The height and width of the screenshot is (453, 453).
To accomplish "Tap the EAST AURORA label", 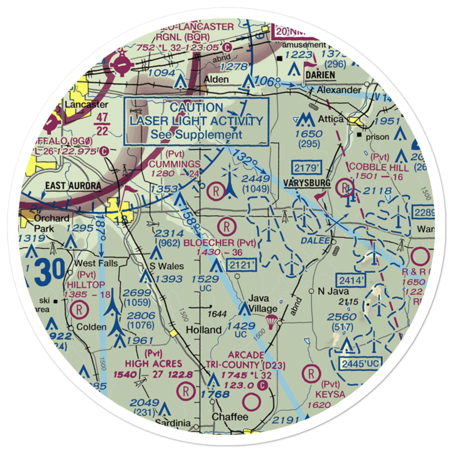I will [x=72, y=186].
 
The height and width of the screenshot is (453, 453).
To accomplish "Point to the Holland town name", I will [x=204, y=329].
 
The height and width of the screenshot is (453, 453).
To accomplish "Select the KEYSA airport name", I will [x=331, y=395].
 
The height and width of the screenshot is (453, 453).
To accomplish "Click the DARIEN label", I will [x=320, y=75].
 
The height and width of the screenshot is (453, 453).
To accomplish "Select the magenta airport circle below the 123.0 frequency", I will [x=252, y=401].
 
